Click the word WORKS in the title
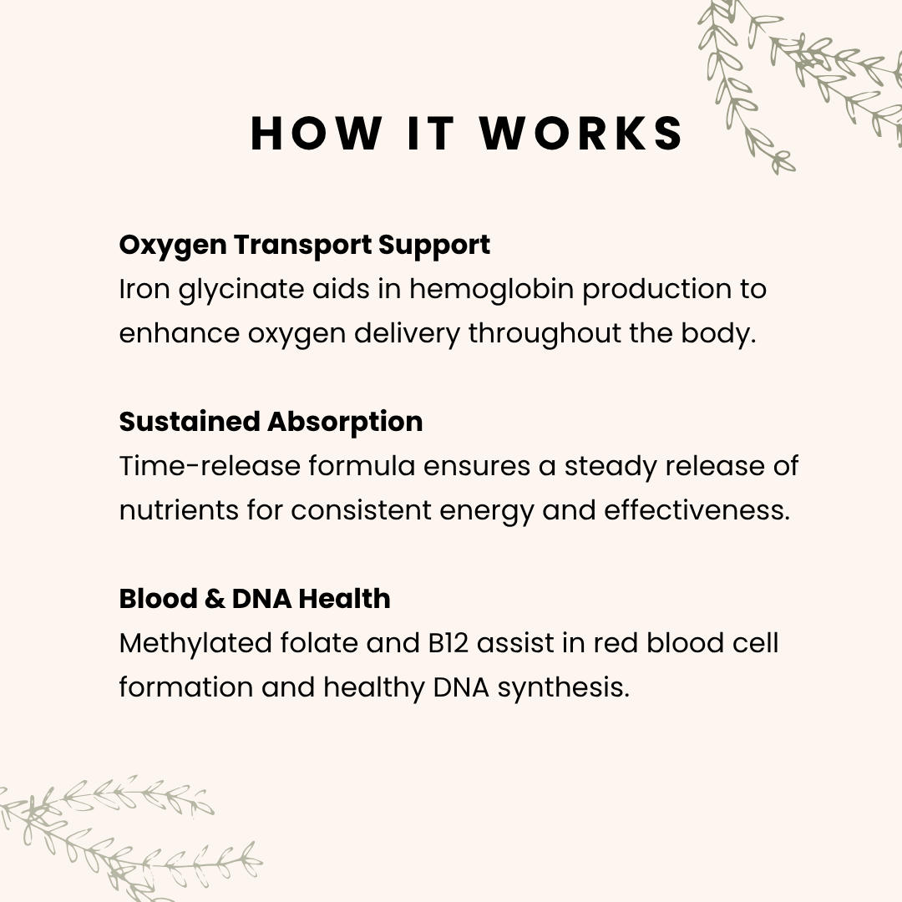pos(581,133)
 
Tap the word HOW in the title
pos(317,133)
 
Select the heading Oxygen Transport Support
pos(304,246)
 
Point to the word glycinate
pos(241,290)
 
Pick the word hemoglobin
pos(491,290)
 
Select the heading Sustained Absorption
pos(271,423)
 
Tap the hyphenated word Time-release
pos(210,465)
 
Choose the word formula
pos(362,465)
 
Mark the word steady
pos(611,467)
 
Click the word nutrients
pos(179,510)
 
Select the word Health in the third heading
pos(345,598)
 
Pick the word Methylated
pos(195,644)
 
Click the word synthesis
pos(564,688)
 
